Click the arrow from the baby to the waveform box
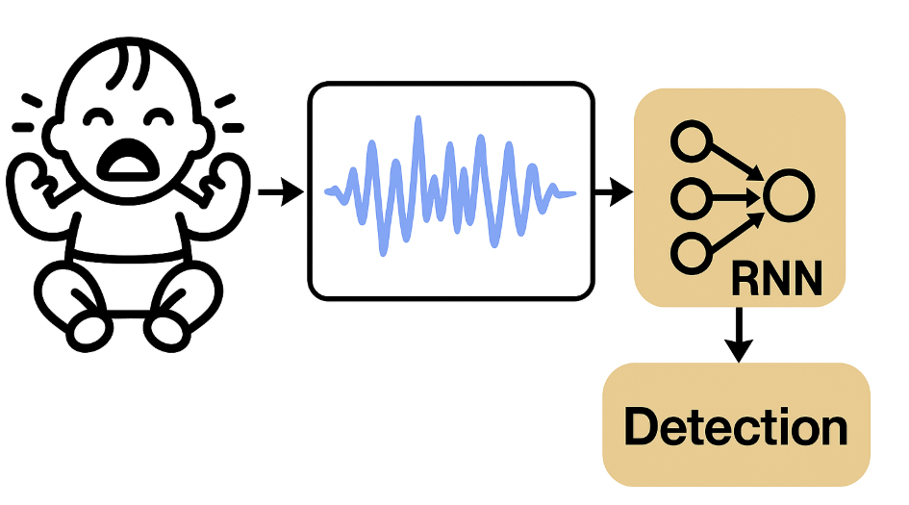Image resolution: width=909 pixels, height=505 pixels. (x=280, y=193)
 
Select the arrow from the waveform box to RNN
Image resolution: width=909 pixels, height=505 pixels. (x=612, y=193)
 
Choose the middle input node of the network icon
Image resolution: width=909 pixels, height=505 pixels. (x=690, y=198)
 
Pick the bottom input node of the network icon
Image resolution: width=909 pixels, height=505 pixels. (x=690, y=253)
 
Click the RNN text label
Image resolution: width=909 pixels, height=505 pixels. (x=776, y=280)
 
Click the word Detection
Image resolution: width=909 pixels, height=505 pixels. (x=736, y=426)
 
